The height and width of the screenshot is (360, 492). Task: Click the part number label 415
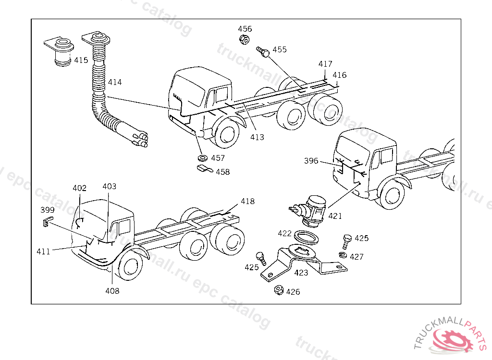81,60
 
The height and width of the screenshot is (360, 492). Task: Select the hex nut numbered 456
244,39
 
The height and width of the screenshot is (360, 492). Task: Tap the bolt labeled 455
262,51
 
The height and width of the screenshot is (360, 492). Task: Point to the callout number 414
114,82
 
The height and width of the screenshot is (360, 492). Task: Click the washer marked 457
203,157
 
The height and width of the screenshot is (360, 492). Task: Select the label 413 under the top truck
257,137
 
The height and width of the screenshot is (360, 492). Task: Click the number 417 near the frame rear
325,64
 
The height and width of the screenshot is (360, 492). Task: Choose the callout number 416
339,75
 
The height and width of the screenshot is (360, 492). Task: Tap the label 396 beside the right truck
311,161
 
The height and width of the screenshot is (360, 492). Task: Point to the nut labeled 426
278,290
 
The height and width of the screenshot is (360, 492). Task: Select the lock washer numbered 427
343,254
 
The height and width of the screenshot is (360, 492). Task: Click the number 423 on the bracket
301,273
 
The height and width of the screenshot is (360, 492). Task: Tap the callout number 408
112,291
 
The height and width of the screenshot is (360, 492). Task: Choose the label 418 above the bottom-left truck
248,201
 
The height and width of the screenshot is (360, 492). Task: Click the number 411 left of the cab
43,251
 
